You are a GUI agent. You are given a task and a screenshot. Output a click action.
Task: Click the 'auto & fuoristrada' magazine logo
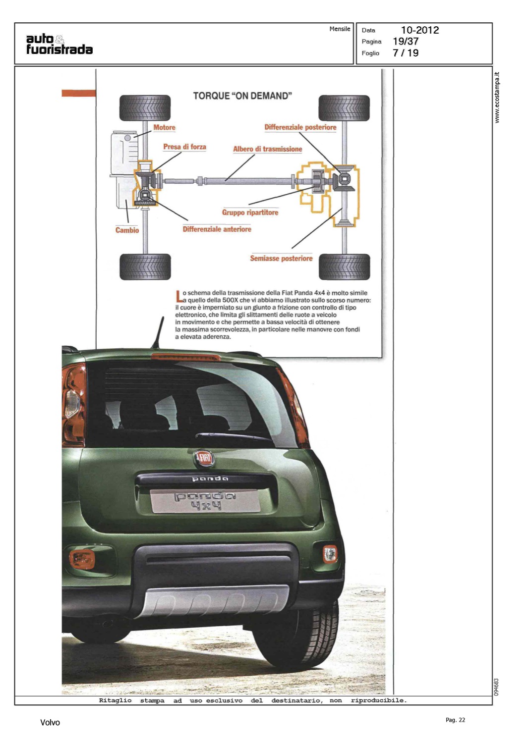click(59, 44)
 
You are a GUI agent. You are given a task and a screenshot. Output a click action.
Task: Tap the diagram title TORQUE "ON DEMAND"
click(242, 96)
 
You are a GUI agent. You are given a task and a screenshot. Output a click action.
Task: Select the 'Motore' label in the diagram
click(164, 127)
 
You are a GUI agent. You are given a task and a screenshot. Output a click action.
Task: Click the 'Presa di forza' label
click(184, 147)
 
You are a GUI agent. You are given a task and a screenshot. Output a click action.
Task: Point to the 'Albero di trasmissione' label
click(267, 149)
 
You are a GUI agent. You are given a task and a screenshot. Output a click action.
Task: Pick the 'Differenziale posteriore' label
click(300, 127)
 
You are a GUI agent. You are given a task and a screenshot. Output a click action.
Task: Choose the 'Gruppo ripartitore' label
click(250, 212)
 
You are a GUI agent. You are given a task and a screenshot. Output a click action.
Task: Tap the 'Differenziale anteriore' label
click(217, 229)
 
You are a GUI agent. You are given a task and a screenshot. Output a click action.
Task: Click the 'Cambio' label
click(127, 230)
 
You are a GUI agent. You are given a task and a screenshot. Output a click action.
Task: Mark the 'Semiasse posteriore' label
click(281, 258)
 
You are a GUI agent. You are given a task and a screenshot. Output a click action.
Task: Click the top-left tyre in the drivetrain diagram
click(145, 107)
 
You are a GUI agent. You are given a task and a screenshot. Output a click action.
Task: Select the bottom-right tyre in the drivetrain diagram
click(344, 266)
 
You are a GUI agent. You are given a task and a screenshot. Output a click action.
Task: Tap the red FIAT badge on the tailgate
click(204, 458)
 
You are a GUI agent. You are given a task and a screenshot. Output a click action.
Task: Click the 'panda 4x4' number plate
click(205, 501)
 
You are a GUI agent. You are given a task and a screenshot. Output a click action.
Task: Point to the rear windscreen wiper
click(233, 436)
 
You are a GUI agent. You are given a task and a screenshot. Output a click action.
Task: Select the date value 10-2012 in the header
click(419, 30)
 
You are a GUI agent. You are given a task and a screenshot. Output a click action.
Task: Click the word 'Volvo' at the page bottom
click(50, 722)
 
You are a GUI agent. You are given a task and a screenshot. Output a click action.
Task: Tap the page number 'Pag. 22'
click(455, 720)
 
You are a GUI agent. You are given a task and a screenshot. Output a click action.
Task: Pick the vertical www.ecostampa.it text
click(497, 98)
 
